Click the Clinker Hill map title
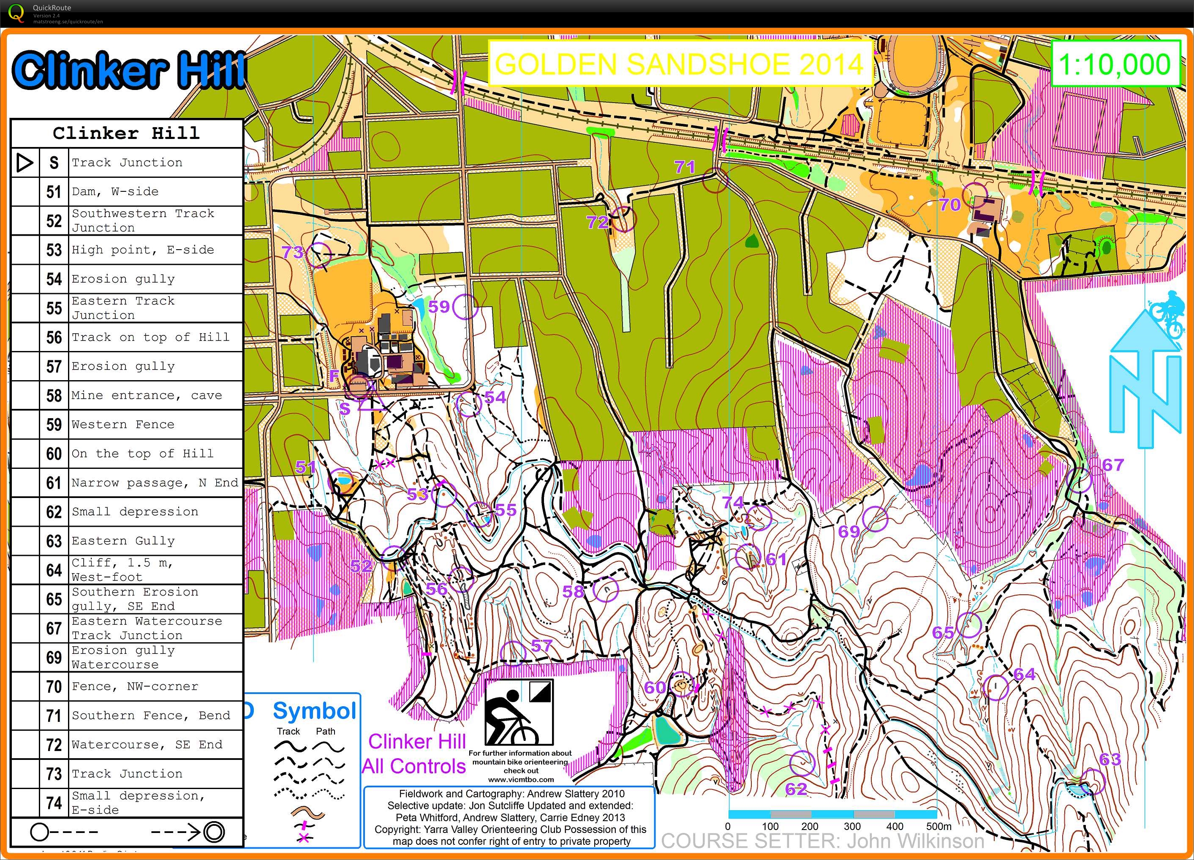coord(129,70)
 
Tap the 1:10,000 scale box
coord(1115,64)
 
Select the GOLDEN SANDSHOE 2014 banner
coord(680,64)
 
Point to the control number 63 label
coord(1110,759)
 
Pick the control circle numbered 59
coord(465,307)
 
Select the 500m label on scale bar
coord(938,826)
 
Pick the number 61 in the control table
coord(54,483)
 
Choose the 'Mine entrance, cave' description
coord(147,395)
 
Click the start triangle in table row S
coord(24,163)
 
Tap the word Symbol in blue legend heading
coord(314,711)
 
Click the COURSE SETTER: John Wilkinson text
coord(822,841)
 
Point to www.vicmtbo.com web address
coord(521,779)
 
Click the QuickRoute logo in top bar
coord(17,13)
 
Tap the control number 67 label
coord(1113,465)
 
